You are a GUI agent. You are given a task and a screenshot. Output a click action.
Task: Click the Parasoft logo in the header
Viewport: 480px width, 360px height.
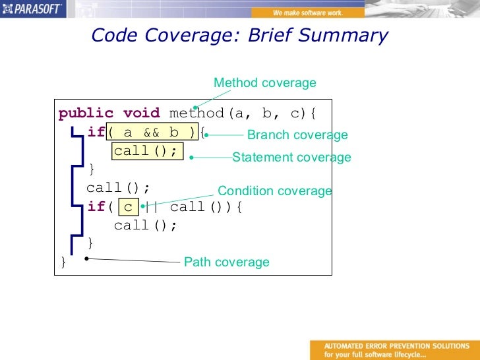[x=33, y=9]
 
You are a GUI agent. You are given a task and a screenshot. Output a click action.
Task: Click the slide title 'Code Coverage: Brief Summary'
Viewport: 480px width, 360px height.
[x=239, y=36]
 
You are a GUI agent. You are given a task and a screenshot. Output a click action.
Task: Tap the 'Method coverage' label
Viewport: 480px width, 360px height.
[x=264, y=83]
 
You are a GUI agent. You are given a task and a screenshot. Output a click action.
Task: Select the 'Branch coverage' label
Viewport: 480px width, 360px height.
[x=297, y=135]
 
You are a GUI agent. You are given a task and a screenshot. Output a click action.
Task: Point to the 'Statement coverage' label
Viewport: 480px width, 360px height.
[x=291, y=158]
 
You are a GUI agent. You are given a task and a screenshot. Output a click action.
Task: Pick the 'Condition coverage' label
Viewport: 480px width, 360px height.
[x=274, y=191]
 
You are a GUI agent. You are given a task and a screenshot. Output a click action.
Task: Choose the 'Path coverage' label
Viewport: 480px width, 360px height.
[x=226, y=262]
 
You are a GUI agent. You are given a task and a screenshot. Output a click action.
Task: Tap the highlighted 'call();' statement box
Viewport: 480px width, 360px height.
[x=146, y=152]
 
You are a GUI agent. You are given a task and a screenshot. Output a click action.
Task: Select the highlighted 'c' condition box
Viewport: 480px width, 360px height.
[x=128, y=207]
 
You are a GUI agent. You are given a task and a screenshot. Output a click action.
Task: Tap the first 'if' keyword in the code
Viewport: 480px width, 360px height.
[x=96, y=133]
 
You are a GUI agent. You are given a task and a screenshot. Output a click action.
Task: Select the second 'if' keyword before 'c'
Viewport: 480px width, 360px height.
[x=96, y=207]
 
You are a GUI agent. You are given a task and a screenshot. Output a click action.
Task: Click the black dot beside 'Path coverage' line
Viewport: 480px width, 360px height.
[x=87, y=258]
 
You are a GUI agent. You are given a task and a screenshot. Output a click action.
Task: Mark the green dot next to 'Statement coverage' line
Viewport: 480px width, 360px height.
[x=191, y=158]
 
